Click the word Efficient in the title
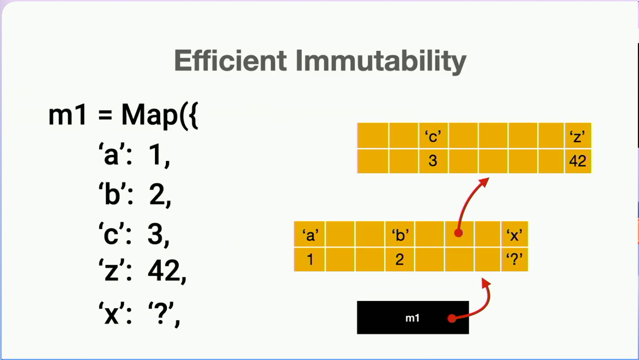pyautogui.click(x=230, y=60)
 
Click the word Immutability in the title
pyautogui.click(x=381, y=62)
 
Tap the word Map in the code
pyautogui.click(x=149, y=115)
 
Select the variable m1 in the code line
pyautogui.click(x=67, y=115)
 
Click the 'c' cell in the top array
pyautogui.click(x=433, y=135)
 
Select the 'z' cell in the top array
pyautogui.click(x=578, y=135)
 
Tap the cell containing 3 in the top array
pyautogui.click(x=433, y=161)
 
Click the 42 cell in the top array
pyautogui.click(x=578, y=161)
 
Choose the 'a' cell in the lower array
pyautogui.click(x=309, y=234)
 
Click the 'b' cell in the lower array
pyautogui.click(x=399, y=234)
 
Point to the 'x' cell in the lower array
pyautogui.click(x=515, y=234)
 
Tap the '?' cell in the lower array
pyautogui.click(x=515, y=259)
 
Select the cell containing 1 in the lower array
pyautogui.click(x=309, y=259)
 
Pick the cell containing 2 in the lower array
pyautogui.click(x=399, y=259)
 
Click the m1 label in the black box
pyautogui.click(x=412, y=318)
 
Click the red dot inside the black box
pyautogui.click(x=452, y=318)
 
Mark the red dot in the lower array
pyautogui.click(x=458, y=233)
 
